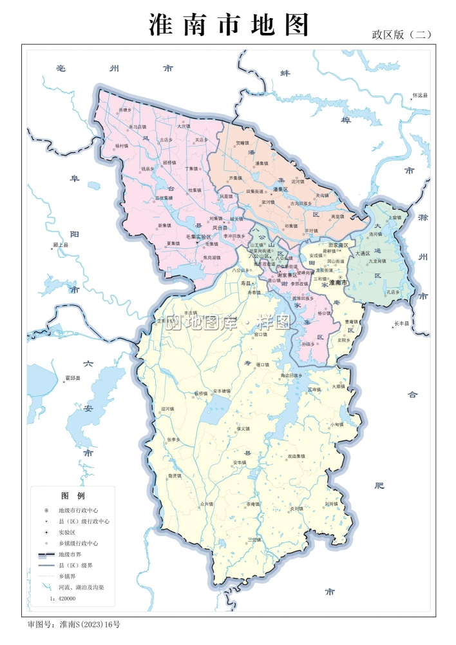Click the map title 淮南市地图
(229, 25)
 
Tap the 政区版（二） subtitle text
(401, 35)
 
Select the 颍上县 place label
(61, 246)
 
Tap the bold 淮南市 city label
(338, 283)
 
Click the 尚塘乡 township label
(124, 110)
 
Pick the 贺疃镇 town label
(242, 143)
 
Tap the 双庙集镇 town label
(296, 455)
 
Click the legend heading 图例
(73, 496)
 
